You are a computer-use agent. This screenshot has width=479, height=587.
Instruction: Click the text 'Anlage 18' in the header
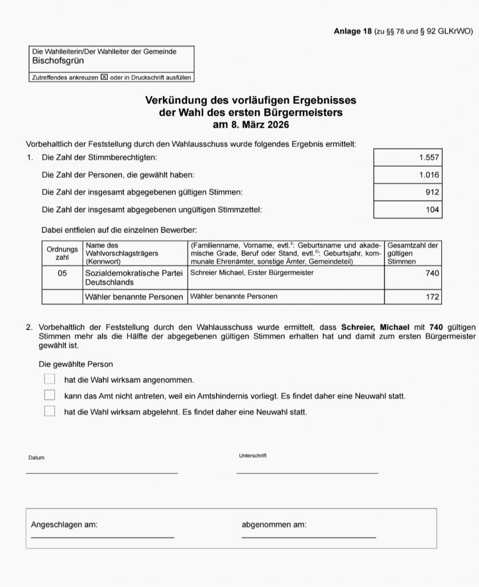352,31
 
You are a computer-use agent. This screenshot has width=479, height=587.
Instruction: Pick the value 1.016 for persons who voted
429,174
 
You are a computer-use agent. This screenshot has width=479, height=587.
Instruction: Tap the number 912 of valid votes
432,192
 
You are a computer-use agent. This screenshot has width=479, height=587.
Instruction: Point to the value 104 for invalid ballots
433,210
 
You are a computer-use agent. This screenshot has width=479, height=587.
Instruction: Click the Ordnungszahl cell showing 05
62,273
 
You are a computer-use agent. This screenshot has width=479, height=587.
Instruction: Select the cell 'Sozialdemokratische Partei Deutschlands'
134,278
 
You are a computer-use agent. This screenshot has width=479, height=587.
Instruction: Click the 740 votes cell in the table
432,273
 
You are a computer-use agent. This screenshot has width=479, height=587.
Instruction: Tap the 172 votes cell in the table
432,297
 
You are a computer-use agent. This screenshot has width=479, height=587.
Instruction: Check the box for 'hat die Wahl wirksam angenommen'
50,379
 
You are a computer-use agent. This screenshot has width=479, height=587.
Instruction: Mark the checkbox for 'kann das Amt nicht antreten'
50,395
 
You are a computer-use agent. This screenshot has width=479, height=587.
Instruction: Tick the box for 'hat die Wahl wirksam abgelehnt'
50,411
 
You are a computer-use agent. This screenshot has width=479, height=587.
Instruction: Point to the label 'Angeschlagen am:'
64,525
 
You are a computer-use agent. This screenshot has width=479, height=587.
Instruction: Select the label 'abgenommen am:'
274,525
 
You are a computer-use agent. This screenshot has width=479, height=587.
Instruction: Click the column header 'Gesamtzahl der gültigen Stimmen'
413,253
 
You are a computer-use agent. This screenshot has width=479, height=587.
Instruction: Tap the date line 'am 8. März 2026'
250,124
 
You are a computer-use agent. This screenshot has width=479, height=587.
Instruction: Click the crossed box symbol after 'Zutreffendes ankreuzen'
104,77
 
